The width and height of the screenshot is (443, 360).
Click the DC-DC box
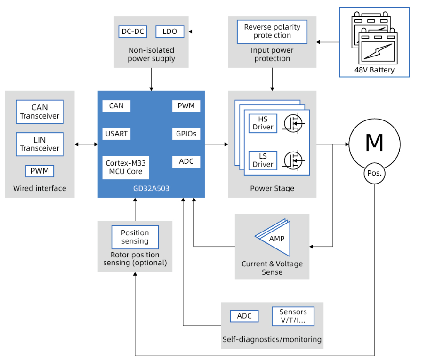(133, 32)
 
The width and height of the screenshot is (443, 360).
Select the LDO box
(170, 32)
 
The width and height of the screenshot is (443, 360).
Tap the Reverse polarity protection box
(272, 32)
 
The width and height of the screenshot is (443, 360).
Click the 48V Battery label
(374, 70)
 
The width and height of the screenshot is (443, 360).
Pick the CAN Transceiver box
(40, 112)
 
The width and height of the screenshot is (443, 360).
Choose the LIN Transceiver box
(40, 144)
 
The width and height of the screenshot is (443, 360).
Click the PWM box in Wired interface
(40, 171)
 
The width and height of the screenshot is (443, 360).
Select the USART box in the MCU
(116, 134)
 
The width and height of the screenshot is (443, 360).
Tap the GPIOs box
(186, 134)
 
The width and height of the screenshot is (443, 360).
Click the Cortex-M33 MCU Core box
(126, 168)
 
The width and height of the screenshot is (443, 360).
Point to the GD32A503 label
(151, 188)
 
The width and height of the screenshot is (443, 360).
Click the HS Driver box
(263, 123)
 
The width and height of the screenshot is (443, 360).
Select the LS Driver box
(263, 160)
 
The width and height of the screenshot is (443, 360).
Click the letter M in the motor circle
(374, 143)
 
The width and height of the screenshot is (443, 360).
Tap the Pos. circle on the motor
(374, 173)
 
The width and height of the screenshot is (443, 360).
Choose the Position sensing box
(135, 237)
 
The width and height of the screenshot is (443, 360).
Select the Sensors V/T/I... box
(293, 316)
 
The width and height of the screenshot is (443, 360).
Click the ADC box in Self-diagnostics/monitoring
(244, 316)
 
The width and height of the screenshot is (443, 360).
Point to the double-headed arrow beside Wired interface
(86, 144)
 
